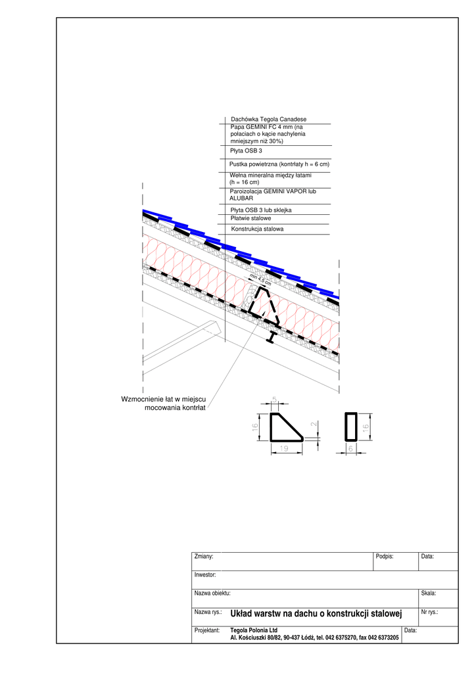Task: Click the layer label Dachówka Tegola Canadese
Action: coord(268,119)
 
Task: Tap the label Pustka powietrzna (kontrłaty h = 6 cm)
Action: coord(279,164)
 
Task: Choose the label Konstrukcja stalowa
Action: coord(257,229)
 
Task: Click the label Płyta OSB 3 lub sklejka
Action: coord(261,210)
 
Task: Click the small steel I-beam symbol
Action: coord(271,338)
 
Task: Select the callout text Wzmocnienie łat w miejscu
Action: coord(164,400)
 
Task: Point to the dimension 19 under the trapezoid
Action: coord(285,448)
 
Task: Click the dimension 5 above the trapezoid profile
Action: coord(275,400)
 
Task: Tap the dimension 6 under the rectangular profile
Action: coord(350,448)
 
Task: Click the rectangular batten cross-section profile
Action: coord(350,427)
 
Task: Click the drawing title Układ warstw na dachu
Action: coord(316,614)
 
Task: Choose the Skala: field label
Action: coord(429,593)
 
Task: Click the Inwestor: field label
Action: coord(205,575)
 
